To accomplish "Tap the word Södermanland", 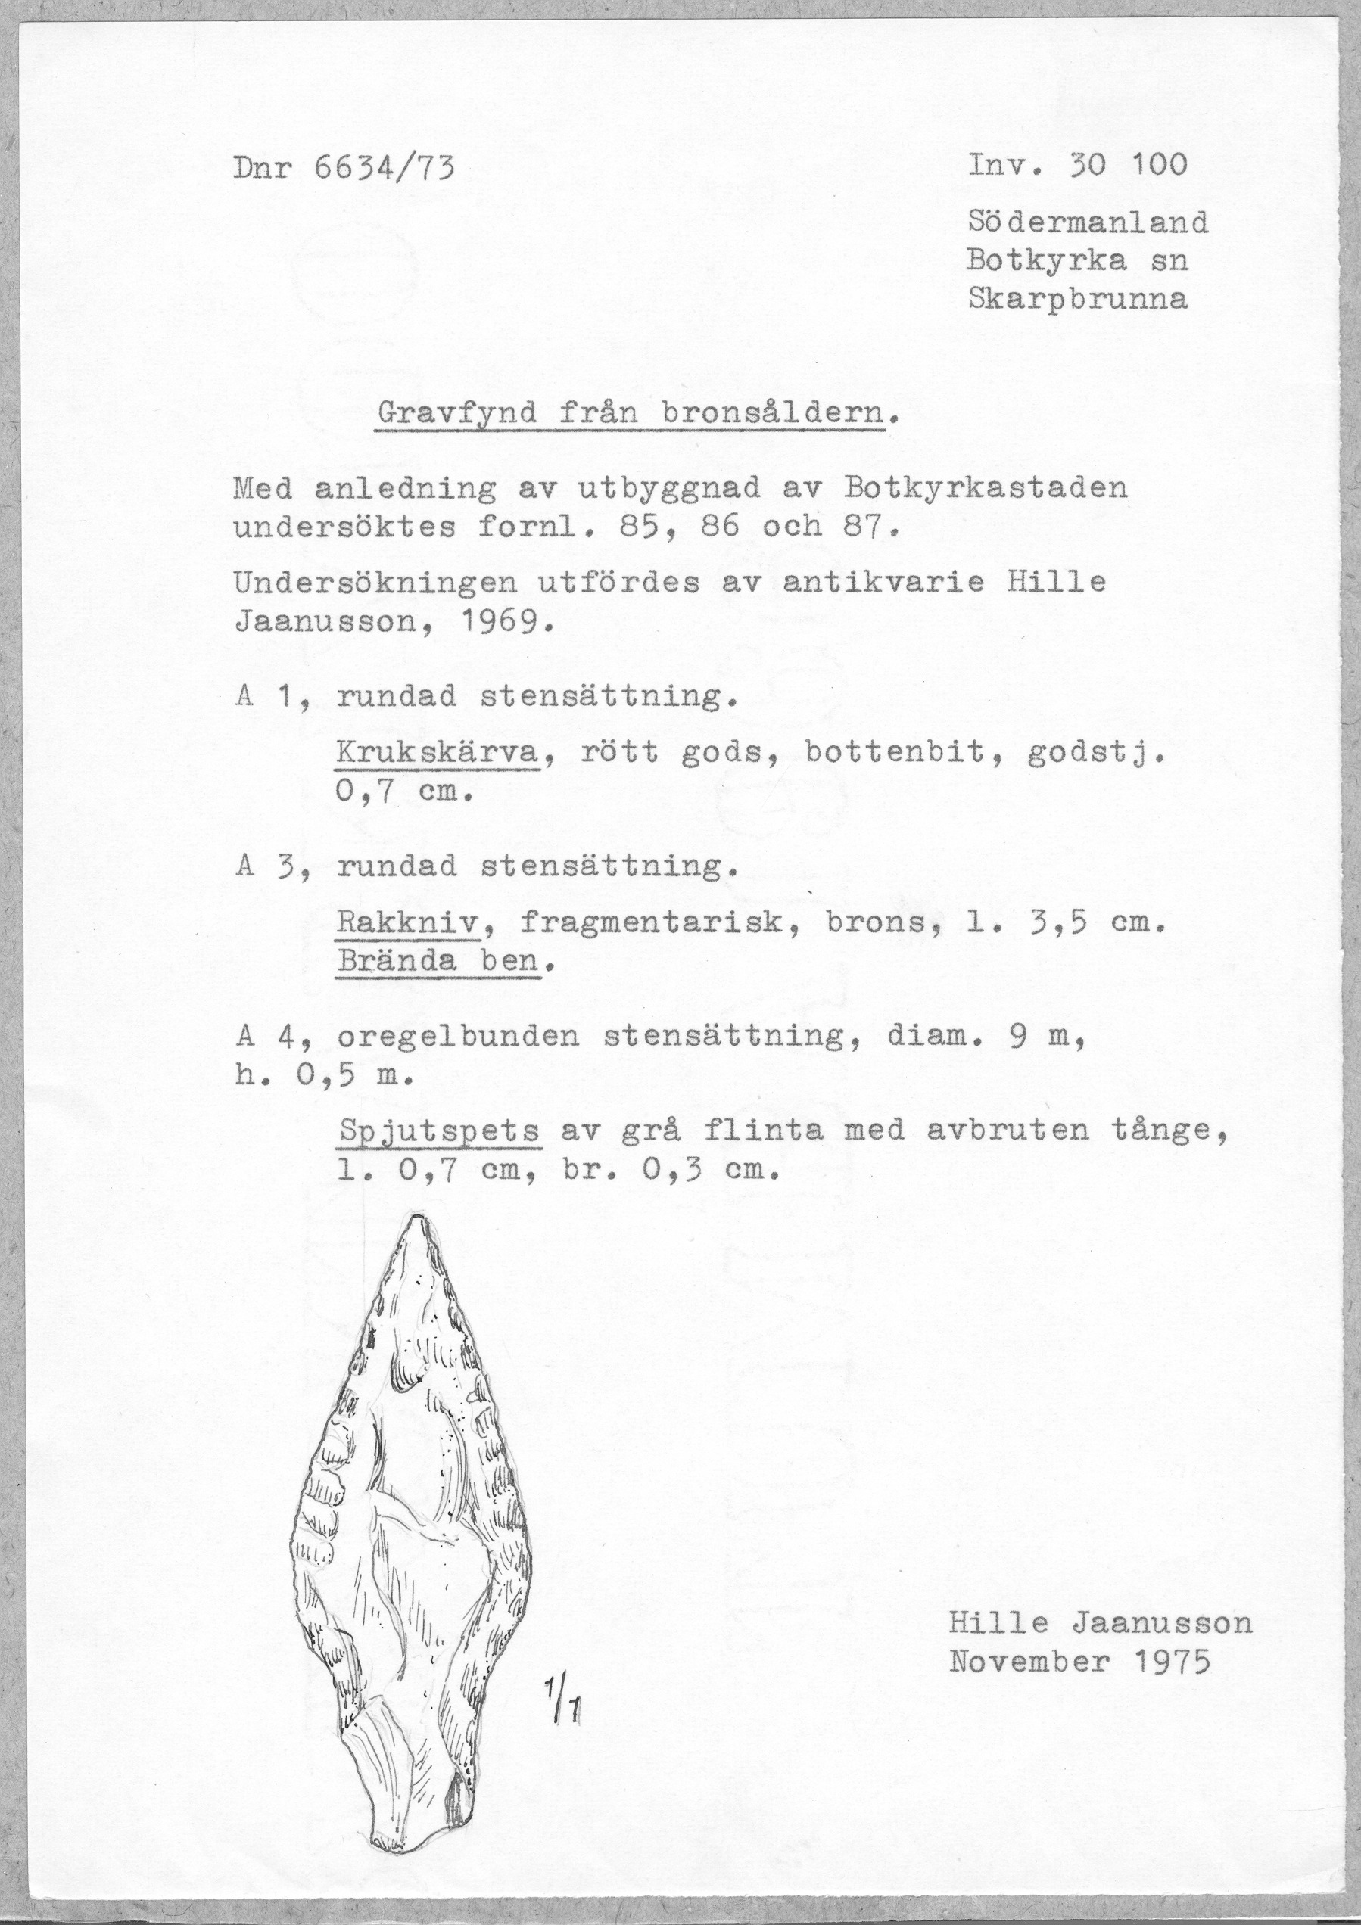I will pyautogui.click(x=1088, y=222).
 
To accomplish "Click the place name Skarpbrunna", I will pyautogui.click(x=1078, y=300).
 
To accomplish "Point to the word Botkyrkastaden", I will pyautogui.click(x=986, y=487).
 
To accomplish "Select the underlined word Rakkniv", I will pyautogui.click(x=407, y=923).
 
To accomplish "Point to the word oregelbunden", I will pyautogui.click(x=458, y=1037).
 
